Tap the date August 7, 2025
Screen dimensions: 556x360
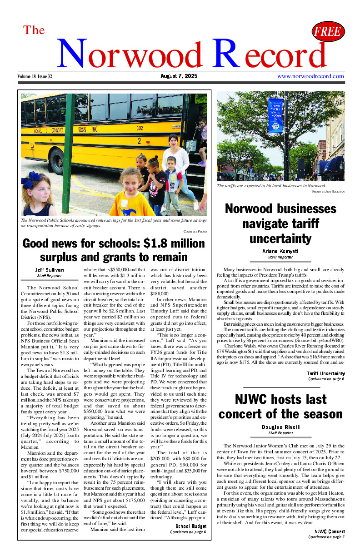(x=179, y=76)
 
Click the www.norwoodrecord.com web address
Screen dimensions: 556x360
(x=310, y=76)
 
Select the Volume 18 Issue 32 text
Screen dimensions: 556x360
(x=35, y=76)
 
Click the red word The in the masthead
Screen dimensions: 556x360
(x=34, y=30)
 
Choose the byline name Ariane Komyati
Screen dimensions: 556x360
(x=280, y=251)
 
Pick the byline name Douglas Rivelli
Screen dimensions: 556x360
(x=280, y=427)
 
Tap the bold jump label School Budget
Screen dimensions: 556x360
(x=191, y=526)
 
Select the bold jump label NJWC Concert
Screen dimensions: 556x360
(x=330, y=531)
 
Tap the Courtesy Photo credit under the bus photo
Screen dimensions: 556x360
(x=195, y=231)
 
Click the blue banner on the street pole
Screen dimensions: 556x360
(x=275, y=116)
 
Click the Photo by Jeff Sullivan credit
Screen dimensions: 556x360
(x=328, y=192)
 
